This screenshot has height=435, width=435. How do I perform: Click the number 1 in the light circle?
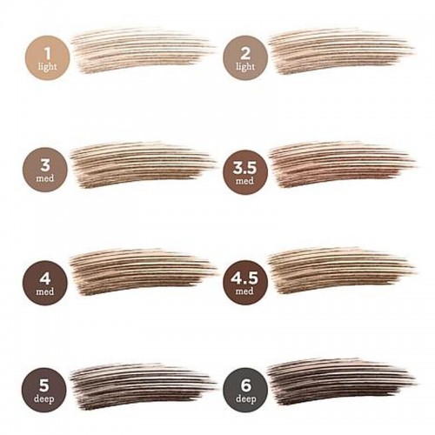pos(48,53)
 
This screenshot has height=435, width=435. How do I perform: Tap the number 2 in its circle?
pos(245,54)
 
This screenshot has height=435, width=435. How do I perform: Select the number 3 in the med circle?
pos(45,165)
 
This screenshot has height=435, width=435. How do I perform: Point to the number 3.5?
pos(244,168)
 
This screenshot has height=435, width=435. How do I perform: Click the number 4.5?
pos(244,278)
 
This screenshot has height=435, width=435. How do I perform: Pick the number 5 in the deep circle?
pos(44,385)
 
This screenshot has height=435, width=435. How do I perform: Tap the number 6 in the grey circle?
pos(245,385)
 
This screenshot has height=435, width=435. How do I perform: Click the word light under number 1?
pos(47,67)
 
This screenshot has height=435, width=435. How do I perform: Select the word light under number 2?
pos(245,67)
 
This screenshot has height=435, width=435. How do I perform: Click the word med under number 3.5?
pos(244,181)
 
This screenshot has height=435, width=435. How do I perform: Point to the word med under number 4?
pos(45,291)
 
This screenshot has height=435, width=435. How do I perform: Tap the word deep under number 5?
pos(43,399)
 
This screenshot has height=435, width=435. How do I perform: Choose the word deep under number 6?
pos(245,399)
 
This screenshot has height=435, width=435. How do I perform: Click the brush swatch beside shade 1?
pos(142,50)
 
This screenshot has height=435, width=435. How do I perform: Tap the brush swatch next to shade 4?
pos(143,272)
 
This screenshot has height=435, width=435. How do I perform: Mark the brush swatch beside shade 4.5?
pos(341,271)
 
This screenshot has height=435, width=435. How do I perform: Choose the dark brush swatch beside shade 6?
pos(341,382)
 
